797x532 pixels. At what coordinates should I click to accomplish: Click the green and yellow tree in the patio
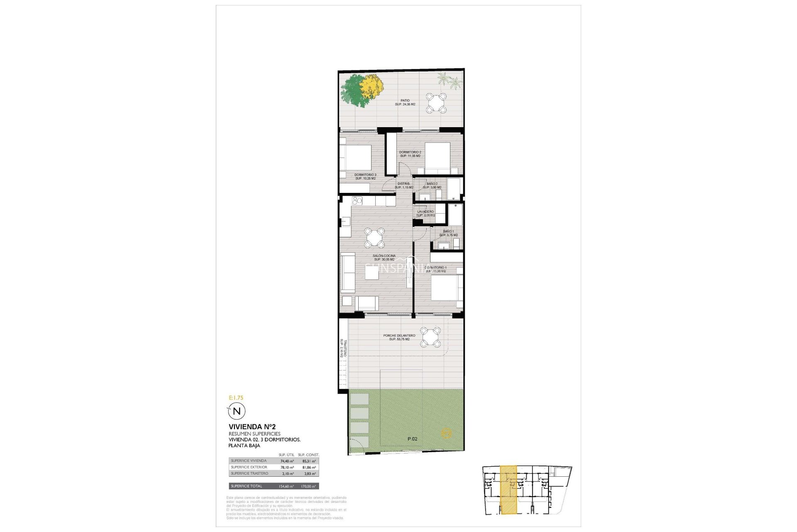(x=357, y=91)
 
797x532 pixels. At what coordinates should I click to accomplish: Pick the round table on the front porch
(x=430, y=337)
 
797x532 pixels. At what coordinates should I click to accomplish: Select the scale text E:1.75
(x=236, y=397)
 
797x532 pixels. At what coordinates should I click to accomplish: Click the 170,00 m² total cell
(x=308, y=486)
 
